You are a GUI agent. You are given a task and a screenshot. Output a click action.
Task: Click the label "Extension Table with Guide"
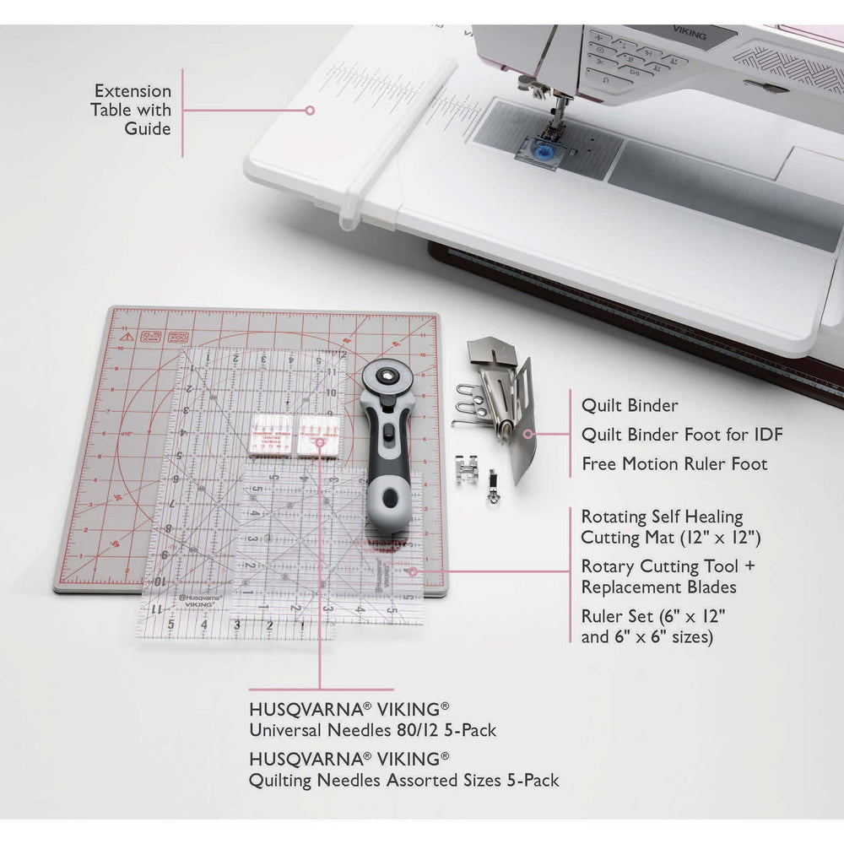pos(133,110)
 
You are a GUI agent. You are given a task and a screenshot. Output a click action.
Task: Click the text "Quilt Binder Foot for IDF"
pos(682,435)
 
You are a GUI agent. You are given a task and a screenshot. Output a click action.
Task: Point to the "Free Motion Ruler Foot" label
pos(674,464)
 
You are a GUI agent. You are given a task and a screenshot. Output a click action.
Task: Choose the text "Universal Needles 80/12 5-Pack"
pos(372,729)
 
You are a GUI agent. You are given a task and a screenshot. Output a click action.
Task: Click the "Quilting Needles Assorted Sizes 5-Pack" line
pos(403,781)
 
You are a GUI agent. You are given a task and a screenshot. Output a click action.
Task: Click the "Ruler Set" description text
pos(654,625)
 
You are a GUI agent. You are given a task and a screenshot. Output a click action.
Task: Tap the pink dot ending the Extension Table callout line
pos(310,110)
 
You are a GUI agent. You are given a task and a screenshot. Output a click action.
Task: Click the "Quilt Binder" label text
pos(630,405)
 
